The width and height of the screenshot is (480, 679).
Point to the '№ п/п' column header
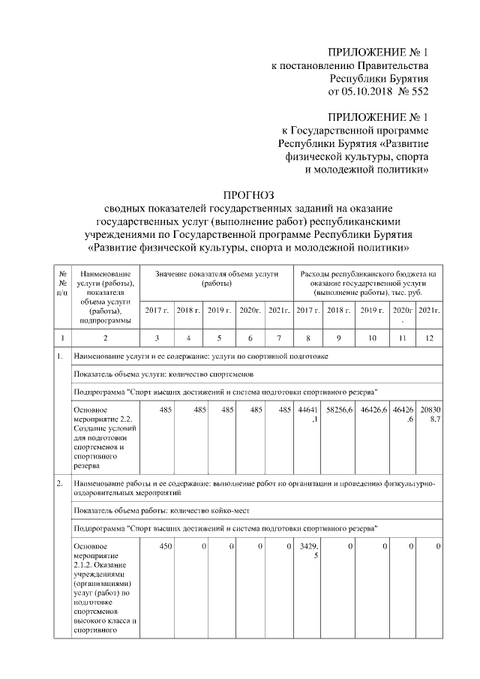62,283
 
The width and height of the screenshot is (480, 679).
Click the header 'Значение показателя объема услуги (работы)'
217,279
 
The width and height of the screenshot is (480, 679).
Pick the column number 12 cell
430,338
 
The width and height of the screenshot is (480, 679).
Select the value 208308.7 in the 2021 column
430,414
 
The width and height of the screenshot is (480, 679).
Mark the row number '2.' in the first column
60,484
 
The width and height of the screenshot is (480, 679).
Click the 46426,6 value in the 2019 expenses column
373,410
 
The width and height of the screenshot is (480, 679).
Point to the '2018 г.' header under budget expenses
338,310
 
